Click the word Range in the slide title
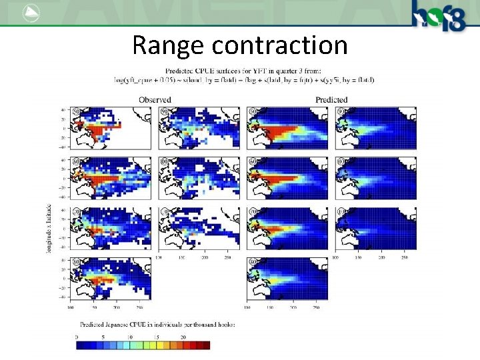click(x=167, y=45)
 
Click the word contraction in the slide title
click(x=279, y=45)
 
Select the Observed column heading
click(x=155, y=100)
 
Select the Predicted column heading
click(x=331, y=100)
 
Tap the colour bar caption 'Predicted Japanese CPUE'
click(x=157, y=324)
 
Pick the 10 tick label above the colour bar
click(x=131, y=337)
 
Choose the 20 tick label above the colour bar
click(x=183, y=337)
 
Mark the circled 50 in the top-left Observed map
click(x=77, y=111)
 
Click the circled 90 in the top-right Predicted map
click(x=342, y=111)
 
